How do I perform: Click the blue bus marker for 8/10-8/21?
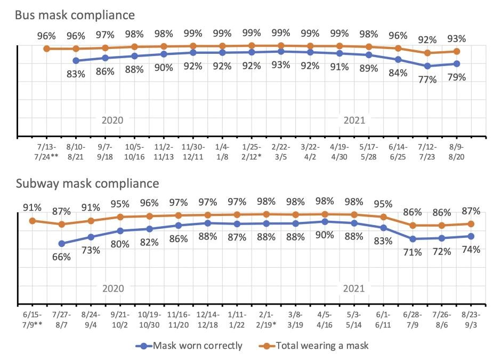[76, 61]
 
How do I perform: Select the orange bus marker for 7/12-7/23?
[427, 53]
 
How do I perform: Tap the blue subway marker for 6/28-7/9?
[413, 239]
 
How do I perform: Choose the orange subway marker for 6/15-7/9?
[32, 220]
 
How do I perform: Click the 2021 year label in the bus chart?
[354, 120]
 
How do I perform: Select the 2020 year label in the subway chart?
[112, 289]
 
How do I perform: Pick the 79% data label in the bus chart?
[457, 77]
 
